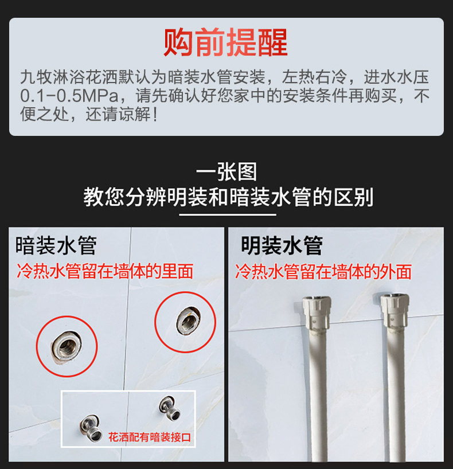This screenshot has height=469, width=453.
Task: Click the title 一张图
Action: click(x=226, y=171)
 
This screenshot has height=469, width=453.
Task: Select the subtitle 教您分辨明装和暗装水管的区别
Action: click(x=228, y=197)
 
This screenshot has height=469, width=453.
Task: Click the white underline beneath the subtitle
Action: click(x=228, y=214)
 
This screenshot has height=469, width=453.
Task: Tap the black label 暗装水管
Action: click(x=56, y=245)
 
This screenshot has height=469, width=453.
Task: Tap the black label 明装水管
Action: click(x=282, y=245)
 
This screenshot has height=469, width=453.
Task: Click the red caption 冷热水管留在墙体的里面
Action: click(x=104, y=271)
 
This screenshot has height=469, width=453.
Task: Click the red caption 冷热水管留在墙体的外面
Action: click(x=323, y=271)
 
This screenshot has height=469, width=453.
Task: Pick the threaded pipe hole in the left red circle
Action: click(x=66, y=346)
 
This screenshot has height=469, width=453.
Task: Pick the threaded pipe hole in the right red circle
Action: click(x=188, y=322)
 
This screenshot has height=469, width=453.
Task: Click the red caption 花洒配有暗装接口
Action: click(x=150, y=437)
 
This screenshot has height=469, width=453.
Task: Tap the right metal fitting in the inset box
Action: click(x=170, y=408)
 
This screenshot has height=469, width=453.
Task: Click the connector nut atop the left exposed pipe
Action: click(x=317, y=313)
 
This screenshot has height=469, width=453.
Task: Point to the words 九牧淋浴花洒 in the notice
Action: click(x=69, y=77)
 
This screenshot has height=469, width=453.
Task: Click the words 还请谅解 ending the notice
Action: click(x=118, y=115)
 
